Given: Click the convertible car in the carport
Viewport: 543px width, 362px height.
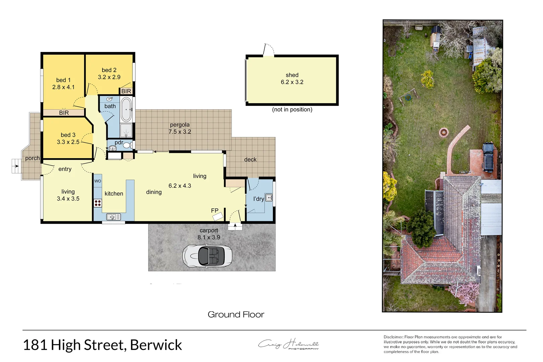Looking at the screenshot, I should click(x=207, y=256).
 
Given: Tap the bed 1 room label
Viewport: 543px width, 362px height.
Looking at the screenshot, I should click(x=63, y=80).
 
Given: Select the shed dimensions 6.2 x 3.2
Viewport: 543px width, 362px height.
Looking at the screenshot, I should click(x=292, y=82).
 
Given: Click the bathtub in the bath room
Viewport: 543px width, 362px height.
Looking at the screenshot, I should click(x=126, y=109).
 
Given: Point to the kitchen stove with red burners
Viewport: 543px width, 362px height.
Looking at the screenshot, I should click(x=98, y=203).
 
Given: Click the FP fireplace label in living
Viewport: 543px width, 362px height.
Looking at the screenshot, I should click(x=215, y=210).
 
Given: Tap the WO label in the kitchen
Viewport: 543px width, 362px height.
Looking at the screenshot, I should click(x=98, y=181).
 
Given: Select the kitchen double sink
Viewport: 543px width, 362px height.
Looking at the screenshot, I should click(x=113, y=217).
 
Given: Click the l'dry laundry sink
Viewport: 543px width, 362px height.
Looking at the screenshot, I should click(x=269, y=197).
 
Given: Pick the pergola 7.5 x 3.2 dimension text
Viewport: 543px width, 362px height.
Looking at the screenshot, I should click(x=180, y=132).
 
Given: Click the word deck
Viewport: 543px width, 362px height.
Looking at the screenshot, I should click(x=250, y=160).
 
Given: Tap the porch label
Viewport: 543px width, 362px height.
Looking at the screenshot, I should click(x=32, y=158).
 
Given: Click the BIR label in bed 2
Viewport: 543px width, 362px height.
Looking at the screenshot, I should click(x=126, y=91).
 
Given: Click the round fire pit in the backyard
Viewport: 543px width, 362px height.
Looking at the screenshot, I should click(x=444, y=132).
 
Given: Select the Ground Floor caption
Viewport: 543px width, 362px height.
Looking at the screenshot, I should click(x=236, y=314).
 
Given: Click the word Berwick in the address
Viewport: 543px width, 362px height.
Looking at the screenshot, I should click(x=156, y=345).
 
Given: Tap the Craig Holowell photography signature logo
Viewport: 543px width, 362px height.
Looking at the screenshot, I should click(x=288, y=344).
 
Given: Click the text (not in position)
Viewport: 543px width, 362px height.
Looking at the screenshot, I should click(x=292, y=110).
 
